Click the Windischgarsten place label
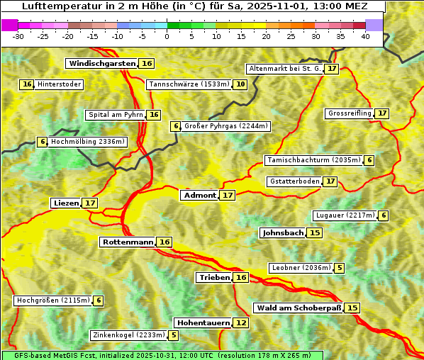[102, 63]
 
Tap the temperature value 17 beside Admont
[228, 195]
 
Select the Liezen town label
[66, 203]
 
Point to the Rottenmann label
[128, 242]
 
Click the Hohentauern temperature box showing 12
[242, 322]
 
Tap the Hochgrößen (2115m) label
[53, 300]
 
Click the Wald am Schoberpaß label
[298, 308]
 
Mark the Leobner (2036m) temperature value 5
[340, 268]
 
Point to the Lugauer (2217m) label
[345, 215]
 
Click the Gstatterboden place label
[294, 181]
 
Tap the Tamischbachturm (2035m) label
[313, 160]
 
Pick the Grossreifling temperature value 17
[382, 113]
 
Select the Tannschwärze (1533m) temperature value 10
[241, 84]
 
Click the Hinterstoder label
[60, 84]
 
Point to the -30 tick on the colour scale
[18, 36]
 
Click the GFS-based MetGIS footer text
[162, 355]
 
